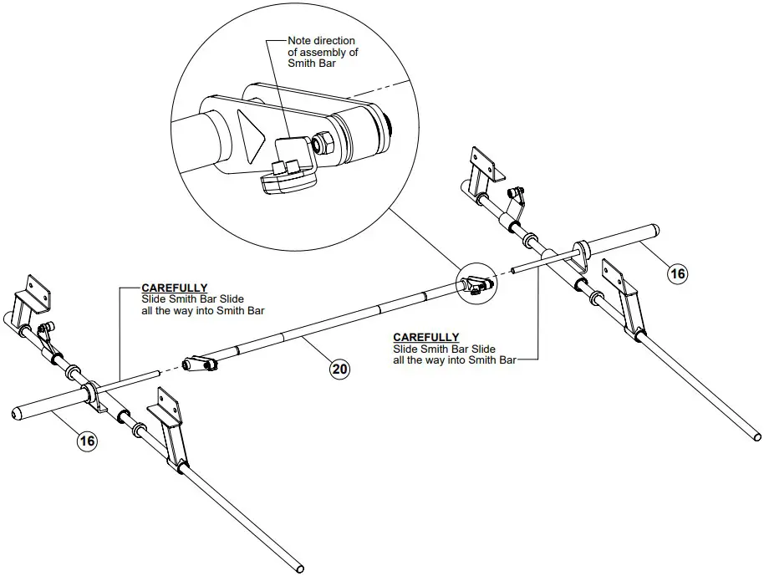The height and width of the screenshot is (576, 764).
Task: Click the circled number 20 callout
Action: (339, 369)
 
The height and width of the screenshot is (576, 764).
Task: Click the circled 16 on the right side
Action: (677, 273)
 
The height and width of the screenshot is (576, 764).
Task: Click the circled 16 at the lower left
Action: (88, 441)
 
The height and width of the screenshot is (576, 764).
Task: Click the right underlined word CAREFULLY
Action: (425, 337)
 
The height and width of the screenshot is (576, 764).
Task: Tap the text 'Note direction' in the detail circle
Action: (321, 40)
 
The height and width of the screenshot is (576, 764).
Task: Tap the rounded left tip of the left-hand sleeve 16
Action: (16, 413)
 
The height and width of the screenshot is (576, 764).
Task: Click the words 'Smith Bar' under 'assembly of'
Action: (310, 63)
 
